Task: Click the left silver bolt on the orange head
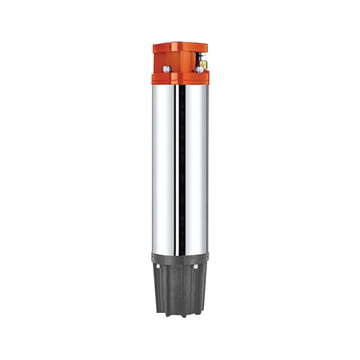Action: click(166, 68)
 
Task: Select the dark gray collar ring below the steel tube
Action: click(180, 258)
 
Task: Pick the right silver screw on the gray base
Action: click(196, 267)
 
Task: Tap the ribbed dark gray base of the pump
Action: click(180, 288)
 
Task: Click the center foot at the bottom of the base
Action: click(180, 315)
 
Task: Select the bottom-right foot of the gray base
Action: click(199, 310)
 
